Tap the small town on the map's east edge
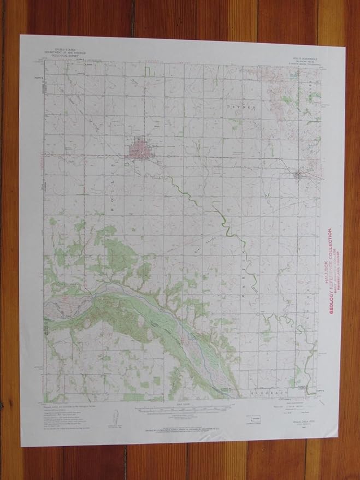pos(298,175)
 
